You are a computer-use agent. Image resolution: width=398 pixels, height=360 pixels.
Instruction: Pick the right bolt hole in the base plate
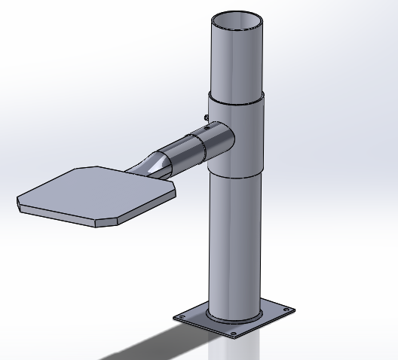[x=283, y=310]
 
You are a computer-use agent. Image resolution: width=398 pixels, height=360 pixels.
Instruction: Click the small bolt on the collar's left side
[x=206, y=116]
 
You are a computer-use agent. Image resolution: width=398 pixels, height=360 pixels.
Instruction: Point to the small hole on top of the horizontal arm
[x=206, y=128]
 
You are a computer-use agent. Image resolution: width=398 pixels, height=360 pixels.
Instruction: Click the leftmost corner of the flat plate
[x=19, y=201]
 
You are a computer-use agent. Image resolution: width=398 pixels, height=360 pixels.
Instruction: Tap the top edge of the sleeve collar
[x=237, y=97]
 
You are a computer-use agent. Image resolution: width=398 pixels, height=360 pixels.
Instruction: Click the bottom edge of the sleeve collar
[x=237, y=175]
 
